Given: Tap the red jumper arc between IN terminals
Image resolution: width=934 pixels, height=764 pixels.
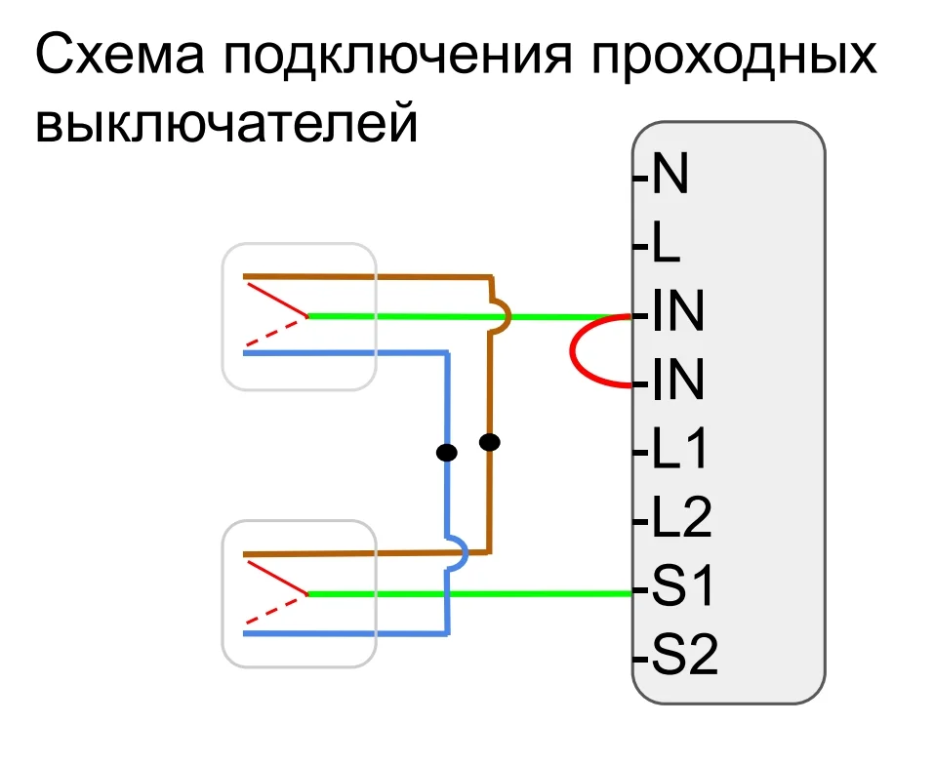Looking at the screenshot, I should pyautogui.click(x=574, y=349).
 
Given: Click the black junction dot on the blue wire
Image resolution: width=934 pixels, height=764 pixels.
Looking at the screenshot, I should pyautogui.click(x=446, y=452).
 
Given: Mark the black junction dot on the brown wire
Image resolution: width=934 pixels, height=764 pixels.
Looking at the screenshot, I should pyautogui.click(x=490, y=443).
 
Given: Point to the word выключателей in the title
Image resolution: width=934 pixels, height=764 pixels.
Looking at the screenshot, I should pyautogui.click(x=226, y=125).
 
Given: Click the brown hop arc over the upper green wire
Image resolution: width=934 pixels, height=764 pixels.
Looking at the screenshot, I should pyautogui.click(x=503, y=315).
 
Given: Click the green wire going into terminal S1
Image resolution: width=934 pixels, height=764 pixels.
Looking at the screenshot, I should pyautogui.click(x=488, y=592).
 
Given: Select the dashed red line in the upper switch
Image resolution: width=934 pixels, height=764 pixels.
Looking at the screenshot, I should pyautogui.click(x=273, y=333).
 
